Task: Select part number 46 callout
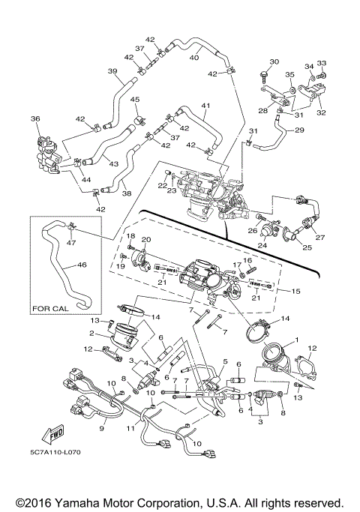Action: click(82, 264)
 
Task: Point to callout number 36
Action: click(35, 118)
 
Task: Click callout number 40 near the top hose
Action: click(194, 57)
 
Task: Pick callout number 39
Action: click(112, 71)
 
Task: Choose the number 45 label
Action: click(136, 100)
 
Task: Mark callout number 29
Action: click(299, 130)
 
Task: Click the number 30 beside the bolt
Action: click(273, 61)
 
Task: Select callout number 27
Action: click(321, 238)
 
